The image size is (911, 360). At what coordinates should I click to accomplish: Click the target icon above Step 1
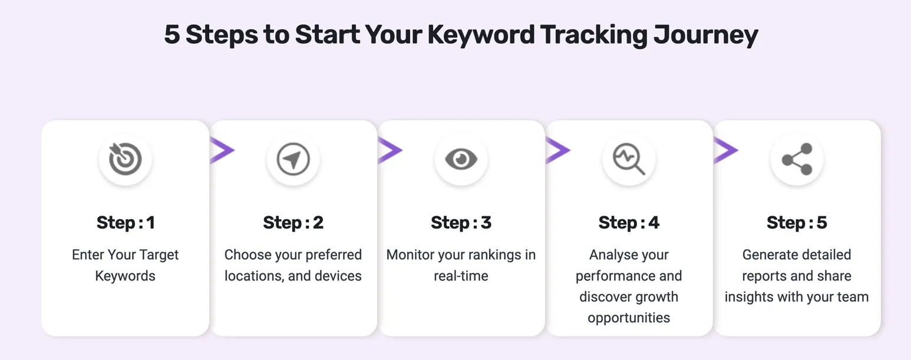tap(125, 159)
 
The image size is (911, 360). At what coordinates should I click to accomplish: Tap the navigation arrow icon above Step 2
tap(293, 159)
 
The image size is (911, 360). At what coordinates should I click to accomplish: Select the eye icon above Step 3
tap(461, 159)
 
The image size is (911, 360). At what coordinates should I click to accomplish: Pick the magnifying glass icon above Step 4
tap(629, 159)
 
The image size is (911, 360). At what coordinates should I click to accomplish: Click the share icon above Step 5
tap(797, 159)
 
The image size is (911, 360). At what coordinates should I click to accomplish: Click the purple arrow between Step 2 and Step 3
tap(390, 150)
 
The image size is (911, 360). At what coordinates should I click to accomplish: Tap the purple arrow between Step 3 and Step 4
tap(557, 150)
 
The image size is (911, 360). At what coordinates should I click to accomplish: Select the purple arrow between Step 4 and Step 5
tap(725, 150)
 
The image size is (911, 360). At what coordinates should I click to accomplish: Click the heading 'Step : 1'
tap(126, 223)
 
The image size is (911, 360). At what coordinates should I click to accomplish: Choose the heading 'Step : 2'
tap(293, 223)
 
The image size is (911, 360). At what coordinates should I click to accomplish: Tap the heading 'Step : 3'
tap(461, 223)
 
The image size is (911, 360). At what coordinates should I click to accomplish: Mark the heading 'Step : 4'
tap(629, 223)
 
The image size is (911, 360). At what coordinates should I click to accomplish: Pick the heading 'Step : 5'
tap(797, 223)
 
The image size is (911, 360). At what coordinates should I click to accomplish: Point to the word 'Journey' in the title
tap(705, 35)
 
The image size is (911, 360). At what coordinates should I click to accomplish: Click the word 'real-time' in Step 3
tap(461, 276)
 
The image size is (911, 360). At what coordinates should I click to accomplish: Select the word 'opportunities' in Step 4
tap(629, 318)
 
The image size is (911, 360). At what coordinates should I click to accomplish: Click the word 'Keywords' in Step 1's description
tap(126, 276)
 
